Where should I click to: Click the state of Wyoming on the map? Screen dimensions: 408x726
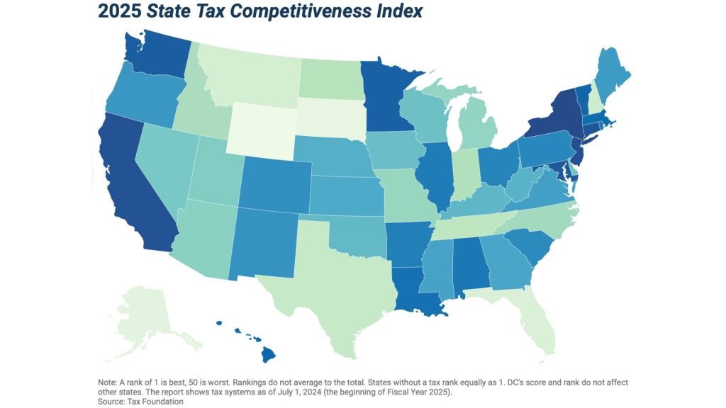click(260, 131)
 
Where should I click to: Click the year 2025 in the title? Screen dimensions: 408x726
click(119, 12)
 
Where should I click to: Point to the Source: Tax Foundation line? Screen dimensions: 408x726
click(139, 402)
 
